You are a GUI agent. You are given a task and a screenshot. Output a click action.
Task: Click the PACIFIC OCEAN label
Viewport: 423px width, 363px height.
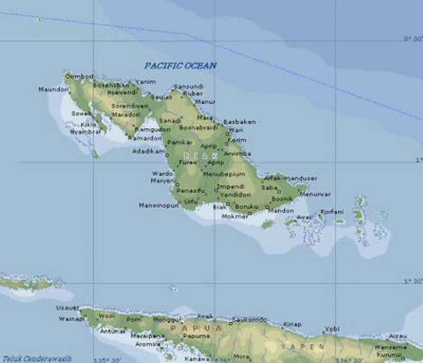(181, 66)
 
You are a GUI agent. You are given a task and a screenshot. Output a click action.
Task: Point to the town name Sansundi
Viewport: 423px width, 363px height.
(188, 86)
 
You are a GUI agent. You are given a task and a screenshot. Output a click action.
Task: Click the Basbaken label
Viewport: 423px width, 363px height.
(239, 122)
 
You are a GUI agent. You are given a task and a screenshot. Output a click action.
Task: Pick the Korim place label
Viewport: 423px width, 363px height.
(237, 140)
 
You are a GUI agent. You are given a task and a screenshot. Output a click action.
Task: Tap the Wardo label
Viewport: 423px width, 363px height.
(162, 173)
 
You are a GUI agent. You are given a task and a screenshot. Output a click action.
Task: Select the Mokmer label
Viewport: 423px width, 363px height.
(234, 216)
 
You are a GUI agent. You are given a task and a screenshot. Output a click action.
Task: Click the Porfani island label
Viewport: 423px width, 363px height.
(332, 212)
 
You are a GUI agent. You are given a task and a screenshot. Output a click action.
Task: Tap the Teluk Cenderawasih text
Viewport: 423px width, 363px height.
(36, 358)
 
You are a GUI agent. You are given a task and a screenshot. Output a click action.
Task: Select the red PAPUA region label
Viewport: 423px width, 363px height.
(188, 329)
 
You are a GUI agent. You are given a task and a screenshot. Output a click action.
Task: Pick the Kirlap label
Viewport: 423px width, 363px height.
(292, 324)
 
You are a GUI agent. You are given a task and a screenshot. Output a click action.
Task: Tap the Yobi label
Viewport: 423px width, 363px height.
(332, 329)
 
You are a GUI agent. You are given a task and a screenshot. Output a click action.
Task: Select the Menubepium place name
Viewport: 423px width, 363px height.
(223, 174)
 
